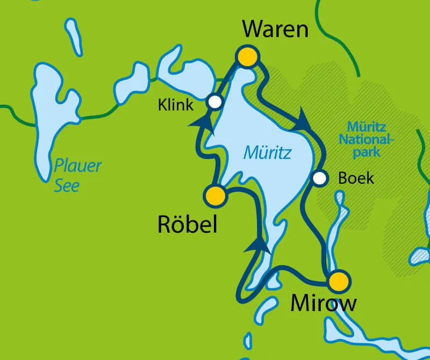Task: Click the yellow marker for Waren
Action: coord(248,56)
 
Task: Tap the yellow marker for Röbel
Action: coord(215,196)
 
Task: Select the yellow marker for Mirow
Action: coord(339,281)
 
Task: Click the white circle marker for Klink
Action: coord(215,102)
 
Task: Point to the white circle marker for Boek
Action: coord(320,178)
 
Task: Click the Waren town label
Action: coord(275,29)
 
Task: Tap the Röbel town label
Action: coord(188,225)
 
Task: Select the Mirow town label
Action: coord(323,304)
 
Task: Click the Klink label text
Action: coord(175,105)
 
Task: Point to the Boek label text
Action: coord(356,178)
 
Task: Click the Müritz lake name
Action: coord(267,153)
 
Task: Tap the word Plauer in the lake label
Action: coord(78,165)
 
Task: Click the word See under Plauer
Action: coord(67,185)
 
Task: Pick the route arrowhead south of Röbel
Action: coord(257,244)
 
